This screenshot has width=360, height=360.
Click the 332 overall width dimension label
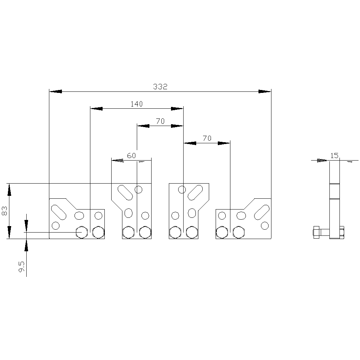pyautogui.click(x=160, y=86)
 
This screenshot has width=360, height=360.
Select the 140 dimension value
pyautogui.click(x=136, y=104)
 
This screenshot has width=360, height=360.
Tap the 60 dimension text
pyautogui.click(x=131, y=156)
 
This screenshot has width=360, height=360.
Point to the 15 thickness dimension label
pyautogui.click(x=334, y=156)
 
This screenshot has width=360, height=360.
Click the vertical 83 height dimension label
pyautogui.click(x=5, y=211)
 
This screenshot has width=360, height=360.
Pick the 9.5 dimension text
pyautogui.click(x=22, y=266)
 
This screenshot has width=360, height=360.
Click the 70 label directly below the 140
pyautogui.click(x=160, y=121)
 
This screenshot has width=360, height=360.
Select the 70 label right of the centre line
pyautogui.click(x=207, y=138)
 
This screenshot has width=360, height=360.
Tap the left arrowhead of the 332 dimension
pyautogui.click(x=55, y=91)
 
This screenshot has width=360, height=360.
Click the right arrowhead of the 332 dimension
pyautogui.click(x=265, y=91)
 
